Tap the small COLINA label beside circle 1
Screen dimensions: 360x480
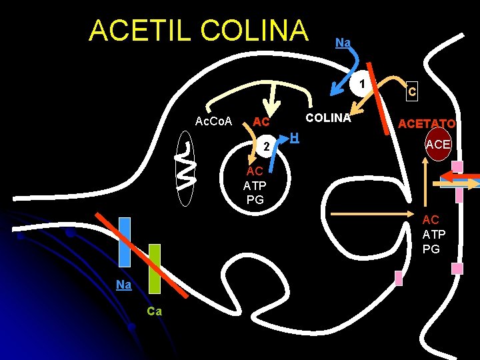(x=328, y=118)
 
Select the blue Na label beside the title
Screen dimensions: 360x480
(x=343, y=43)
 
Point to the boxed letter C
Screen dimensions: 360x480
(x=413, y=91)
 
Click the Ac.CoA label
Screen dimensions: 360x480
(x=213, y=121)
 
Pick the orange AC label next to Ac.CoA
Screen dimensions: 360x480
(x=261, y=122)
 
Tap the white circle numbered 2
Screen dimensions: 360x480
(x=265, y=146)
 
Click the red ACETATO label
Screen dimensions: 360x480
(x=427, y=123)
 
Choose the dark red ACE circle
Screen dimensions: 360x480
(x=438, y=145)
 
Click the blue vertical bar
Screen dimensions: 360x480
(x=125, y=242)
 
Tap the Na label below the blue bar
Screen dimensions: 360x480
(x=123, y=285)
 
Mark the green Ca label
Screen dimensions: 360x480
(x=154, y=311)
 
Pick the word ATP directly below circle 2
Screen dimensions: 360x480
(x=255, y=185)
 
